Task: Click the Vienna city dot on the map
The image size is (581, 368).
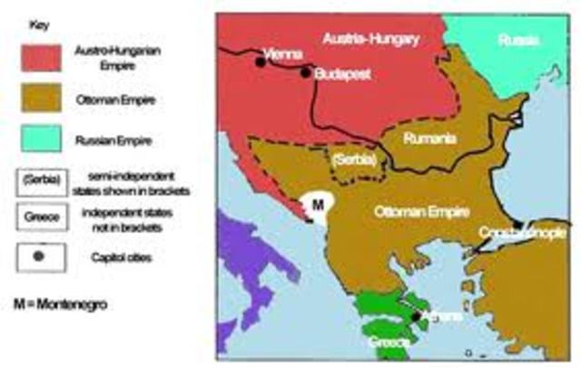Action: (260, 62)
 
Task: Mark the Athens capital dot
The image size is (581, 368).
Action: (418, 315)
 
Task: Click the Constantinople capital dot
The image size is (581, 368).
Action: (517, 224)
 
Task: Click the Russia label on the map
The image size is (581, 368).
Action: (518, 41)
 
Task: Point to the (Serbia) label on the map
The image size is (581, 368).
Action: (352, 160)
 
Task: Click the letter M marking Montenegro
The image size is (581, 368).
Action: (317, 206)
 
